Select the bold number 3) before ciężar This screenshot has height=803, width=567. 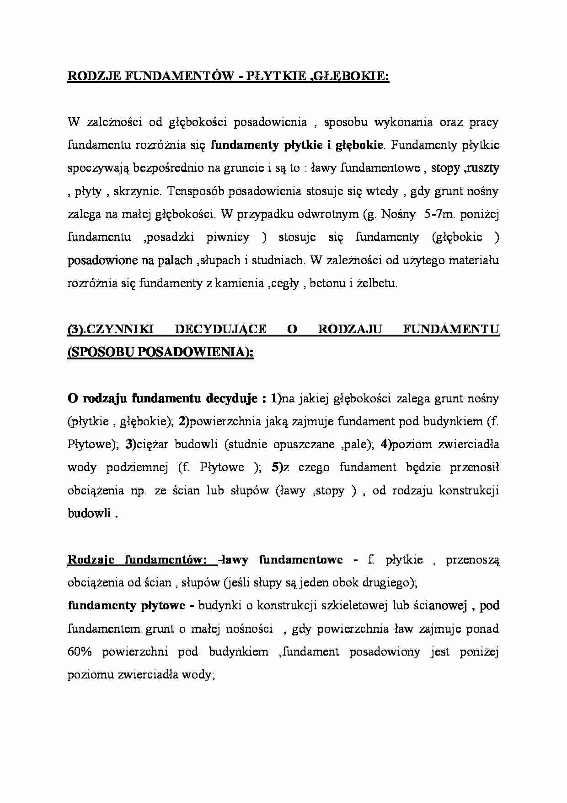coord(131,444)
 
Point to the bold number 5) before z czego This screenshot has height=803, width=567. coord(277,467)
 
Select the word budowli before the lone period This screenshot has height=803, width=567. coord(89,513)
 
